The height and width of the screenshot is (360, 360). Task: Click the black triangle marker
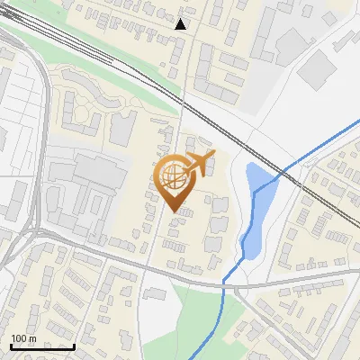[181, 24]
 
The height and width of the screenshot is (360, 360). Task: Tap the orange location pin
[175, 181]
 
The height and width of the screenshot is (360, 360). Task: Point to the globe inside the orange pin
[174, 174]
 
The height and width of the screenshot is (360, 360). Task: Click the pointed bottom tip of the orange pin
[175, 211]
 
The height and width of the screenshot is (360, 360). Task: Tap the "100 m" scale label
[23, 338]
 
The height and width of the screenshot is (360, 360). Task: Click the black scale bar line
[42, 346]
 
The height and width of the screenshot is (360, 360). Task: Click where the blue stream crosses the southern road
[224, 283]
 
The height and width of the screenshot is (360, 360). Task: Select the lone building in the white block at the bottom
[156, 296]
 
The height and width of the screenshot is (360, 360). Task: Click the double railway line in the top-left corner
[27, 27]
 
